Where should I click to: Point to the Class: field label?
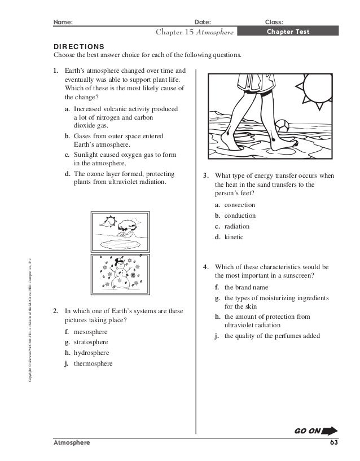274,22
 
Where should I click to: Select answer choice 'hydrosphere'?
88,353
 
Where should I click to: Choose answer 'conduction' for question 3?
239,216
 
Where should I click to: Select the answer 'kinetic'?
234,237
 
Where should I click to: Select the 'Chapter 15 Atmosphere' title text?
195,32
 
